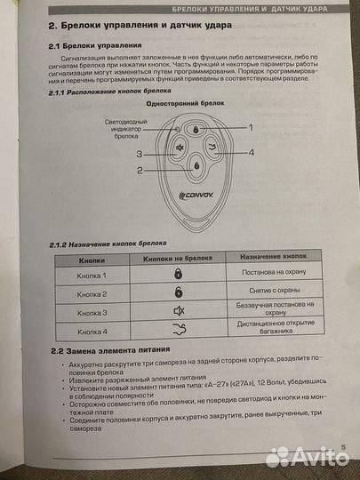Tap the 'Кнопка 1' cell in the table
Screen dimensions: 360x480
[x=92, y=276]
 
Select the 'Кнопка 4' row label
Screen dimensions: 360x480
[x=92, y=332]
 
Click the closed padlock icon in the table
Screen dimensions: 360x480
[x=177, y=276]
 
